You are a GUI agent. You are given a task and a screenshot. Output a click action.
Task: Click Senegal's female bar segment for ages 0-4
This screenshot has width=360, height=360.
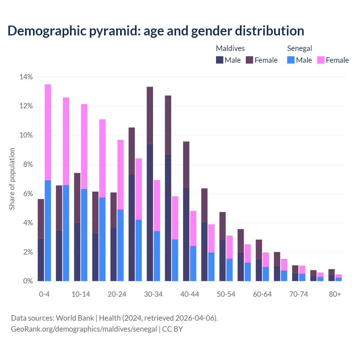point(48,132)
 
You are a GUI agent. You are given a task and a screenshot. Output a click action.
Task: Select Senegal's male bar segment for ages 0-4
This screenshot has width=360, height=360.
point(48,231)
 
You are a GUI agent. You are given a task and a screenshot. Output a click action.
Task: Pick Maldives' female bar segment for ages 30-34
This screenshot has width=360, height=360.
point(150,115)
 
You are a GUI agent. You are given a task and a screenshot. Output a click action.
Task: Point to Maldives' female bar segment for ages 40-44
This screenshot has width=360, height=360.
point(186,165)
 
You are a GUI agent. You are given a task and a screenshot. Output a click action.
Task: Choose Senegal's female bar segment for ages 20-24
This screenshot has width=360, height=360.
point(120,174)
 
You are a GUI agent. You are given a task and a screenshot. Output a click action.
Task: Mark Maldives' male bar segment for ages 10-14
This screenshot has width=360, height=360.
point(77,252)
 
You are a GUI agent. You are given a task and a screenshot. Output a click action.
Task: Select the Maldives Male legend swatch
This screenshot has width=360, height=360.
point(220,60)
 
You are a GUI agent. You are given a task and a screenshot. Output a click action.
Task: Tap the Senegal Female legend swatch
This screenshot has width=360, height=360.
point(321,60)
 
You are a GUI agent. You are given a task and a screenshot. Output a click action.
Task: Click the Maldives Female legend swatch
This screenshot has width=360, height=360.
point(249,60)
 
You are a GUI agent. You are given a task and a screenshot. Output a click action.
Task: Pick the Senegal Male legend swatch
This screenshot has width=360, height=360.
point(291,60)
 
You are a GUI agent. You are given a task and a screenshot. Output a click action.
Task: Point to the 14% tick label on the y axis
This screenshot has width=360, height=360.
point(26,77)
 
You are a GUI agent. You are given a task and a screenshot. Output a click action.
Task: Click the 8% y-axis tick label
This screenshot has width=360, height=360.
point(28,165)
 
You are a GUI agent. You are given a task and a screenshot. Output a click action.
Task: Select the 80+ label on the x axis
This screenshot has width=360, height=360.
point(335,294)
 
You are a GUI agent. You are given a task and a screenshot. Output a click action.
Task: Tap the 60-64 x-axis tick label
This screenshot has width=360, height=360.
point(262,294)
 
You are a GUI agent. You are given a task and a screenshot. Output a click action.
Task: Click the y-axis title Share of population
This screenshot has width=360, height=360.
point(12,179)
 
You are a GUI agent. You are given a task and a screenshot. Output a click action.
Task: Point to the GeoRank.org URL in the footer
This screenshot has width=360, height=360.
point(84,329)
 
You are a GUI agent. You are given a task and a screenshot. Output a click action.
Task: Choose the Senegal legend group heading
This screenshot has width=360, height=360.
point(300,48)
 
